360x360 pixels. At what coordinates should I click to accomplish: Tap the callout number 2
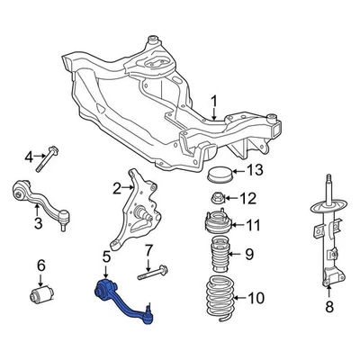[x=117, y=188]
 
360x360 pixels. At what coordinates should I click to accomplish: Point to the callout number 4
[x=28, y=157]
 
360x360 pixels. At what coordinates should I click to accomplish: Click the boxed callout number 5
[x=106, y=259]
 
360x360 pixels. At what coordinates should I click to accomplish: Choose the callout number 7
[x=149, y=248]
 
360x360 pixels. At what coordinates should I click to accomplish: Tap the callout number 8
[x=329, y=308]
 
